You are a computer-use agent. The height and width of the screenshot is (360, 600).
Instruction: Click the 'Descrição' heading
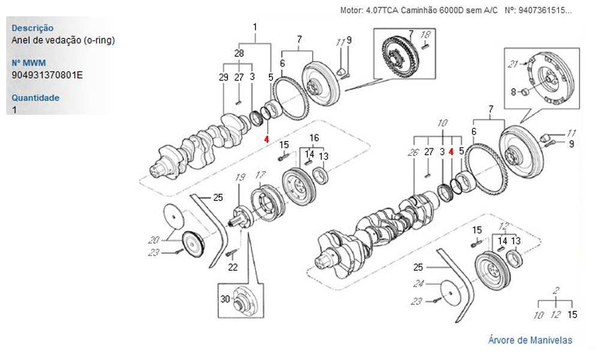(32, 28)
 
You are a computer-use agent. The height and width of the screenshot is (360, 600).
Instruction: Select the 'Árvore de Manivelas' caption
(530, 340)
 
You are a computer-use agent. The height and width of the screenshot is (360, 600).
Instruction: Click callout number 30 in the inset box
(225, 299)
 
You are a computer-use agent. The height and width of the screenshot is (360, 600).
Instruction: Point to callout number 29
(223, 77)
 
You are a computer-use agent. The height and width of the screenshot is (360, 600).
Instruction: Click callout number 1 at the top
(255, 27)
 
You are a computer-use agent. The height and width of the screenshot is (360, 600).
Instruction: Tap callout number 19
(240, 177)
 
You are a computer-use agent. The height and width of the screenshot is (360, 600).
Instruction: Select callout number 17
(260, 175)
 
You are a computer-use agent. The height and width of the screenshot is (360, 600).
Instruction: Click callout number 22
(233, 266)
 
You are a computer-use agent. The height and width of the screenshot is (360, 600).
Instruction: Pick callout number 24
(418, 284)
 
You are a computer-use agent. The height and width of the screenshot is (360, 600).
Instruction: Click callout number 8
(513, 92)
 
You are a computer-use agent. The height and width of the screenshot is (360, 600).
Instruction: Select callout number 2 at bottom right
(556, 290)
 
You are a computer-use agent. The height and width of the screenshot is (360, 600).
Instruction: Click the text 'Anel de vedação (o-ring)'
(63, 40)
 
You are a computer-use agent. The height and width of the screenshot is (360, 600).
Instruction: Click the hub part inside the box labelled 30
(243, 303)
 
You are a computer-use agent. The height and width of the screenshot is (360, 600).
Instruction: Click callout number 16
(314, 137)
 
